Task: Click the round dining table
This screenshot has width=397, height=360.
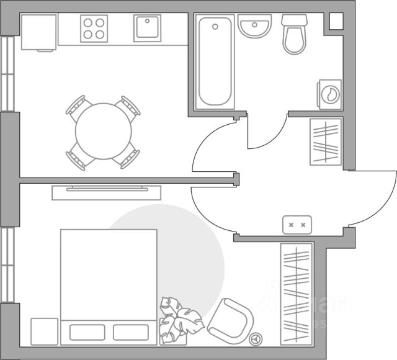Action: coord(104,132)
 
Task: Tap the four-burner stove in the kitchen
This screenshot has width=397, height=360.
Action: coord(94,29)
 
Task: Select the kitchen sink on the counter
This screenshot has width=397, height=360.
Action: coord(147,29)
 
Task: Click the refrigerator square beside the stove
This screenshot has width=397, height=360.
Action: coord(39,32)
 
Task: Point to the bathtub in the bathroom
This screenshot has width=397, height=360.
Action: coord(215,62)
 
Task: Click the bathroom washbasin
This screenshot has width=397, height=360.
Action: coord(255,28)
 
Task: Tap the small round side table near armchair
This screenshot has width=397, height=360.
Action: coord(256,339)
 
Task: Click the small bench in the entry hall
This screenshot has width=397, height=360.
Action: coord(297,224)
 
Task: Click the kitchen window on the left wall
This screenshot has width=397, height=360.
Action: coord(7,74)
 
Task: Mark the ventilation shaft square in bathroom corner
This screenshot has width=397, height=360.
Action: coord(336,20)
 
